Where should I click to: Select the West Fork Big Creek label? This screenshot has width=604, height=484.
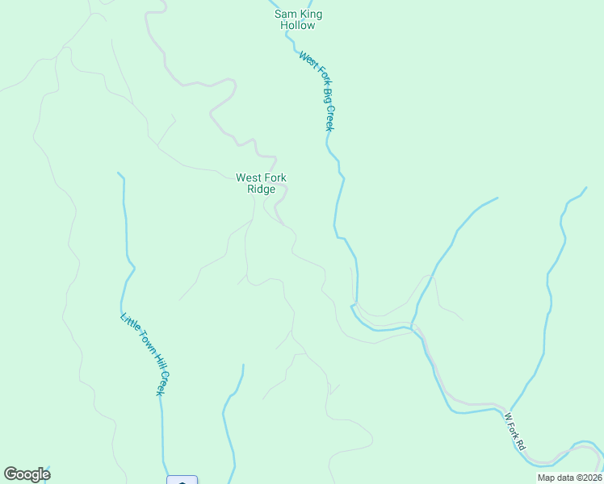click(x=317, y=91)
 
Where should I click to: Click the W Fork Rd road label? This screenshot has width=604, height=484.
click(x=514, y=432)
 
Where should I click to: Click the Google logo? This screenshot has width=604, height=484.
click(x=27, y=474)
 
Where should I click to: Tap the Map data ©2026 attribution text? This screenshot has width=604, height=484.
click(x=568, y=478)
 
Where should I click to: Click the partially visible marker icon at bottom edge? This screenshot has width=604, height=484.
click(x=182, y=480)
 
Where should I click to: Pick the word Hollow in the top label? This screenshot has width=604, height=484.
click(x=298, y=25)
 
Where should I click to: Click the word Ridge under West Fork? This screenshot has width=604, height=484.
click(x=261, y=190)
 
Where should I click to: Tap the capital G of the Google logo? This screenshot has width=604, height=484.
click(x=10, y=474)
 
